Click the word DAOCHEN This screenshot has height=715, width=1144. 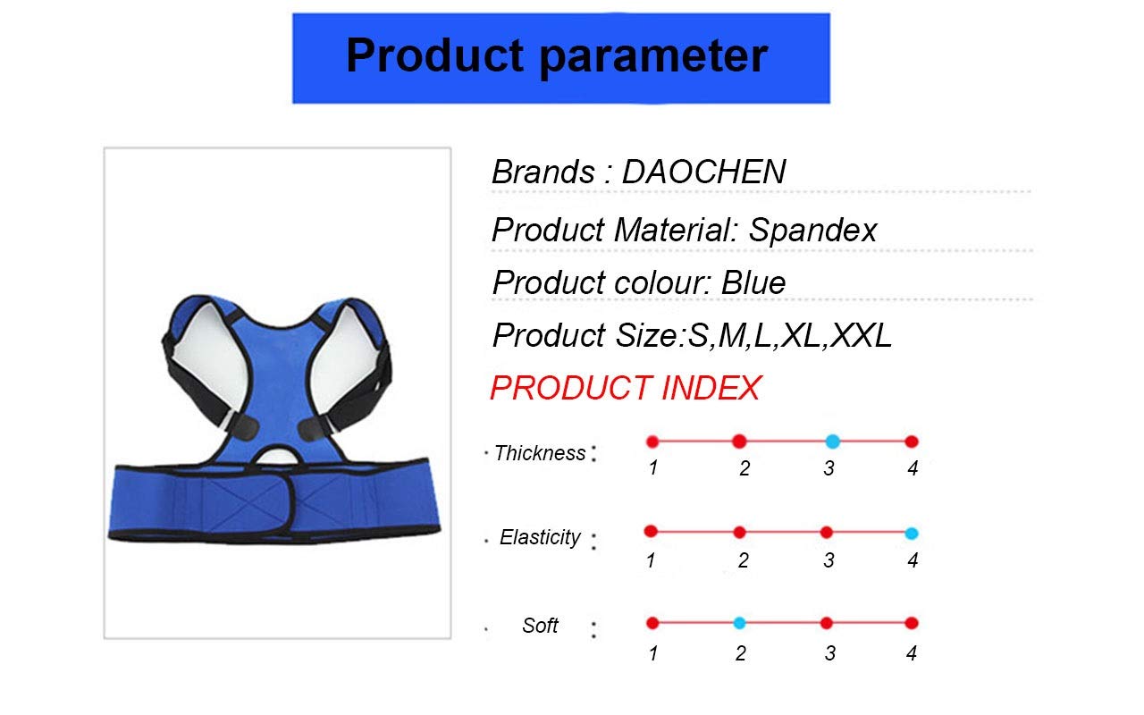(x=703, y=172)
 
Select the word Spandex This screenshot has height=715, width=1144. (x=812, y=231)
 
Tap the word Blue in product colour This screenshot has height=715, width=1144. (x=753, y=282)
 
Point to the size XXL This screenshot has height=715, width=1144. (x=861, y=335)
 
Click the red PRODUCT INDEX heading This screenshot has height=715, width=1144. (x=626, y=388)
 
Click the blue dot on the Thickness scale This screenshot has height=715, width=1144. (x=832, y=442)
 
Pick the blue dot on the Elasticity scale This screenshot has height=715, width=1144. (x=912, y=534)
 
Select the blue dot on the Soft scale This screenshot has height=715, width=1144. (x=739, y=623)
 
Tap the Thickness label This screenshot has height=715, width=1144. (x=540, y=453)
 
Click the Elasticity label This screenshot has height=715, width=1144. (x=540, y=537)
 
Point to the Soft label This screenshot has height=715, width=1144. (x=540, y=626)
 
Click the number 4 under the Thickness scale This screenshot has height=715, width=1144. (x=913, y=468)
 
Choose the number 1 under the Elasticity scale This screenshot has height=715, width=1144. (x=651, y=560)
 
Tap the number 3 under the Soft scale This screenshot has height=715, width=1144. (x=830, y=653)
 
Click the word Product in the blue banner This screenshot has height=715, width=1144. (x=435, y=55)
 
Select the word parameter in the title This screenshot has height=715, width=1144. (x=653, y=58)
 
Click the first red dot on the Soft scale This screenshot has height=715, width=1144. (x=652, y=623)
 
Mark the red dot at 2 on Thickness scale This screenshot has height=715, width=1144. (x=739, y=442)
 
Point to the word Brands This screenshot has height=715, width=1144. (x=543, y=172)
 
